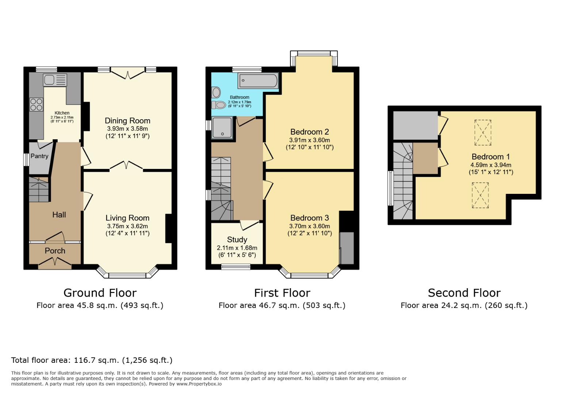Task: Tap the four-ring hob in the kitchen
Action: (x=36, y=104)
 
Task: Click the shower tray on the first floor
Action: (x=222, y=128)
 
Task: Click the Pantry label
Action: (x=39, y=156)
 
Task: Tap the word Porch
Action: (x=55, y=251)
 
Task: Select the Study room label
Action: (x=237, y=240)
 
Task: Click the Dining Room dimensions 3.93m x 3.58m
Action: (x=127, y=129)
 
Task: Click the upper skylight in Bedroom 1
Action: (x=483, y=132)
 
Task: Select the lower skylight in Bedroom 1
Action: (x=480, y=195)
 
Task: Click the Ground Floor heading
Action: (x=100, y=293)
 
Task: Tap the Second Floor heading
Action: (x=464, y=293)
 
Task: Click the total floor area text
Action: (x=92, y=360)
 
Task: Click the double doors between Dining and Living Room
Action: (x=126, y=166)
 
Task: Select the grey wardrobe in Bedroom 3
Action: (x=347, y=248)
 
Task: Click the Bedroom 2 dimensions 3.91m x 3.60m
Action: (x=309, y=140)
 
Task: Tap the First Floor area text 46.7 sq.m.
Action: (x=282, y=305)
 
